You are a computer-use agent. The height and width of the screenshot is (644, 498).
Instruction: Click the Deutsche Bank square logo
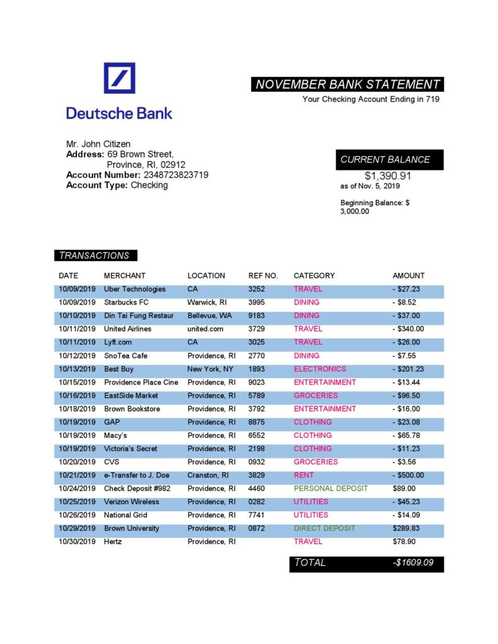pyautogui.click(x=119, y=78)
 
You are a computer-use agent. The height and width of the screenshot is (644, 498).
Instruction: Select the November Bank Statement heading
pyautogui.click(x=348, y=84)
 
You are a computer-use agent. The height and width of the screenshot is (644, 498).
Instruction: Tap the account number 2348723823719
pyautogui.click(x=176, y=175)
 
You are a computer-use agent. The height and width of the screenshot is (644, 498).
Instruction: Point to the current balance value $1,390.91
pyautogui.click(x=388, y=176)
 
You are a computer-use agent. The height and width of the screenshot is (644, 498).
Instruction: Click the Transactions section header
pyautogui.click(x=94, y=255)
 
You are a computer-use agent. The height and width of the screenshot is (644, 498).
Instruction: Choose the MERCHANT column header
pyautogui.click(x=125, y=275)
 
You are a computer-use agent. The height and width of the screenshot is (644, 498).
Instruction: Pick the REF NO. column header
pyautogui.click(x=263, y=275)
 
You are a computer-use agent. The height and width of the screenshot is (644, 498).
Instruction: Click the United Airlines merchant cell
pyautogui.click(x=128, y=329)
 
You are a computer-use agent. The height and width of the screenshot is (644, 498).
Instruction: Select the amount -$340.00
pyautogui.click(x=408, y=329)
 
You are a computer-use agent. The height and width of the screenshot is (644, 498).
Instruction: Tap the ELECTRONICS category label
pyautogui.click(x=320, y=369)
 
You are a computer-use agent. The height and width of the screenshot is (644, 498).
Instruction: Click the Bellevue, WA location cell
pyautogui.click(x=210, y=316)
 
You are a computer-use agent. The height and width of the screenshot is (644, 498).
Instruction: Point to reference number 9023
pyautogui.click(x=257, y=382)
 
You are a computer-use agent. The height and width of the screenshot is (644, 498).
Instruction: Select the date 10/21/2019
pyautogui.click(x=77, y=475)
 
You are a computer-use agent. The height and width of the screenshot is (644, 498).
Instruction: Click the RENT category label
pyautogui.click(x=303, y=475)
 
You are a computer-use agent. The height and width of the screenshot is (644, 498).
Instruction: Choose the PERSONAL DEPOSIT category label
pyautogui.click(x=331, y=489)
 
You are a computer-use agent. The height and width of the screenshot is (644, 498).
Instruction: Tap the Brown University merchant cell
pyautogui.click(x=132, y=529)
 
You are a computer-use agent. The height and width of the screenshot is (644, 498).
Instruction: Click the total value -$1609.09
pyautogui.click(x=413, y=563)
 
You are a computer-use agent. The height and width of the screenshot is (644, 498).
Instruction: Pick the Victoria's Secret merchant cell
pyautogui.click(x=131, y=449)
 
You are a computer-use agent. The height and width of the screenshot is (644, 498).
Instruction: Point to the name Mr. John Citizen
pyautogui.click(x=98, y=144)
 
